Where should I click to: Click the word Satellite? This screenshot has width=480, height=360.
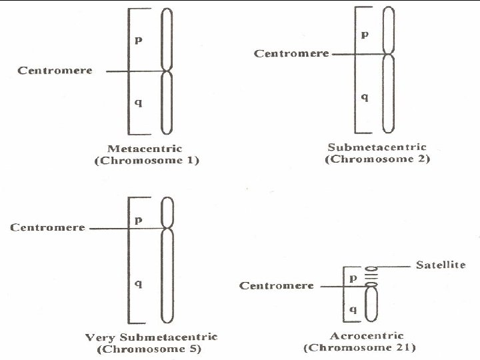click(x=441, y=265)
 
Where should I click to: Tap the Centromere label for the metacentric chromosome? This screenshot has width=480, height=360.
click(x=55, y=70)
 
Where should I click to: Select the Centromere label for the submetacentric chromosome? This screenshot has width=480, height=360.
click(x=291, y=53)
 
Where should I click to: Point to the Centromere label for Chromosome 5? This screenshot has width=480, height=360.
click(x=47, y=227)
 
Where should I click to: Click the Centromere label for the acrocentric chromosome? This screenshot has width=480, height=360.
click(x=277, y=285)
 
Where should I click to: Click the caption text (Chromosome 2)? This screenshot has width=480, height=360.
click(x=377, y=159)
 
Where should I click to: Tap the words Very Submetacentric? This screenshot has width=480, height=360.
click(x=151, y=337)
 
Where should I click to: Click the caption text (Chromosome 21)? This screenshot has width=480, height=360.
click(x=359, y=347)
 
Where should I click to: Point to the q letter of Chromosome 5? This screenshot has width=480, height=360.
click(x=138, y=284)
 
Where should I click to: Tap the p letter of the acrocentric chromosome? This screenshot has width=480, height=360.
click(x=353, y=277)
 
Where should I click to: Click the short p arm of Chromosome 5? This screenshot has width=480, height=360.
click(x=167, y=213)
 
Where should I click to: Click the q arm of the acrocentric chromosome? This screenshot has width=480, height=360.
click(x=371, y=305)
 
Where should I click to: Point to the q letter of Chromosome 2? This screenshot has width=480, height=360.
click(x=364, y=97)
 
